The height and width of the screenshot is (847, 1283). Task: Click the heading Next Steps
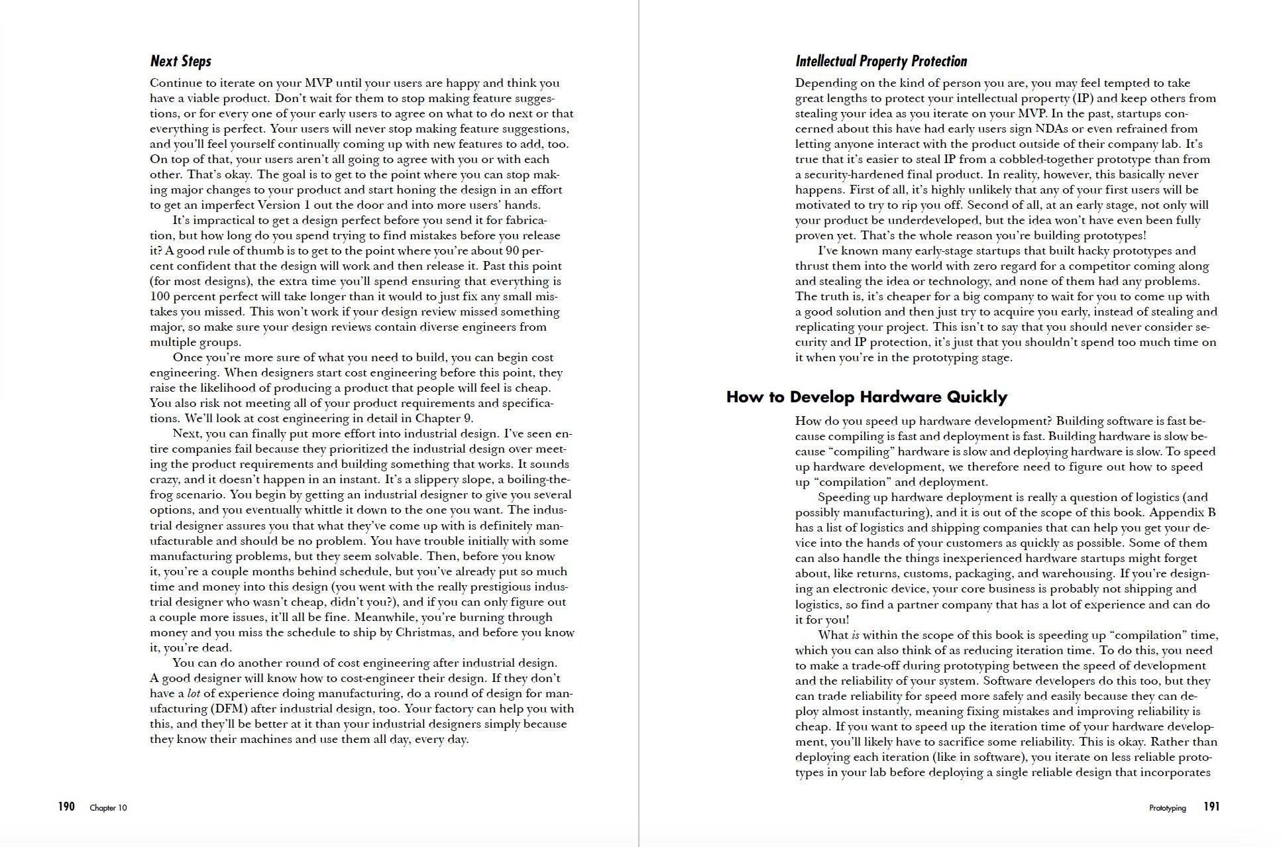pyautogui.click(x=180, y=62)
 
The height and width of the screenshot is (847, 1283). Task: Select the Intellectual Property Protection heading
pyautogui.click(x=881, y=62)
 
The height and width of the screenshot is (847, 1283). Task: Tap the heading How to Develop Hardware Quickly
pyautogui.click(x=866, y=397)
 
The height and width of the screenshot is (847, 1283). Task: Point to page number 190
pyautogui.click(x=66, y=807)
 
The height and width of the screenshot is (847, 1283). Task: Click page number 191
pyautogui.click(x=1211, y=807)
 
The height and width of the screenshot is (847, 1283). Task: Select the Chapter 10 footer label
pyautogui.click(x=108, y=808)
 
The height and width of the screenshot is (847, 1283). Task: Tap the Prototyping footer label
pyautogui.click(x=1167, y=808)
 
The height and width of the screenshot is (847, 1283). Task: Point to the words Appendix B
pyautogui.click(x=1182, y=512)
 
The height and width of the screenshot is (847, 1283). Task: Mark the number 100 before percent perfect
pyautogui.click(x=160, y=296)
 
